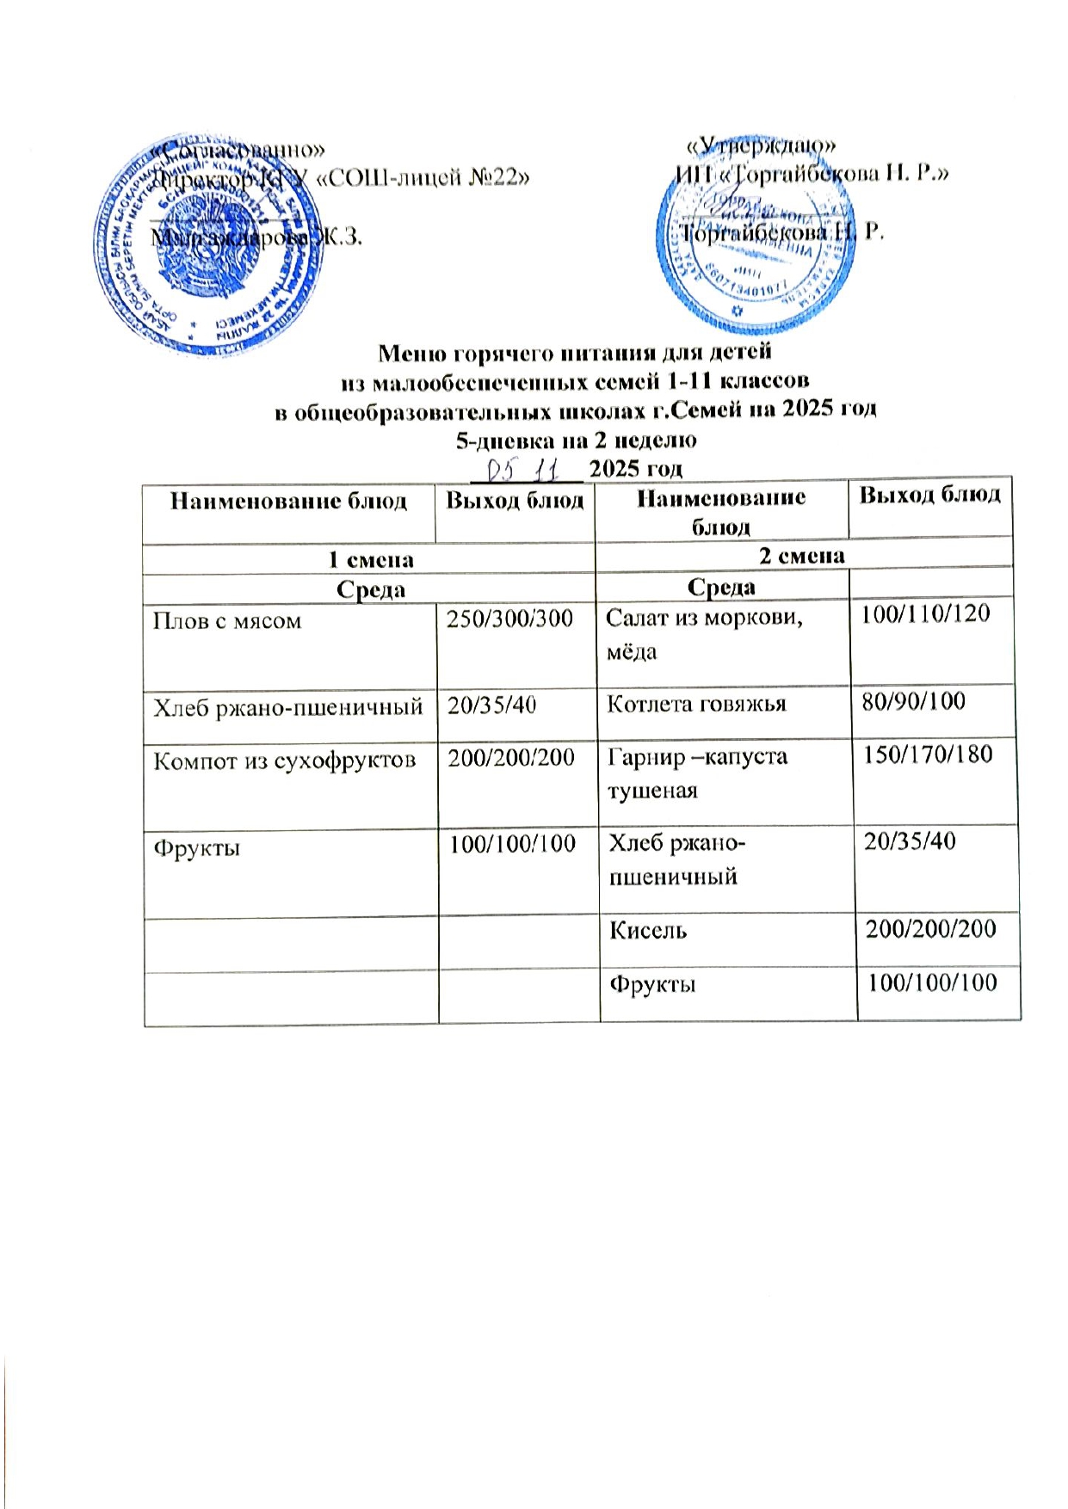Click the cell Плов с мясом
tap(227, 621)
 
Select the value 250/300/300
tap(509, 619)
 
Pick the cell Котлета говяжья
tap(696, 705)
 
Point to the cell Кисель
tap(648, 930)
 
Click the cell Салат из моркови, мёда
tap(704, 634)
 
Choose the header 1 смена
tap(371, 560)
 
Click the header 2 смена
tap(801, 556)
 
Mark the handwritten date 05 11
tap(523, 469)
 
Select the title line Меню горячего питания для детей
tap(575, 352)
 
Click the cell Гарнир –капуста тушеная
tap(697, 773)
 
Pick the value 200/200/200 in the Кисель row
tap(930, 928)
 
